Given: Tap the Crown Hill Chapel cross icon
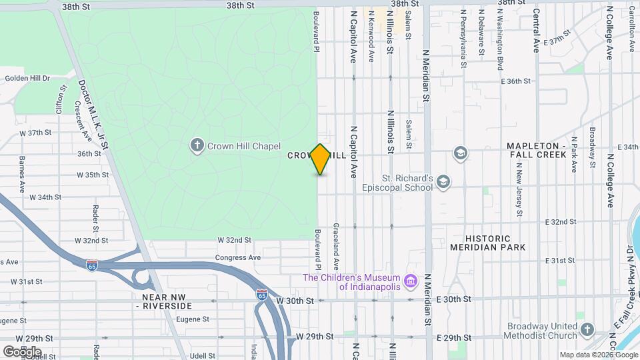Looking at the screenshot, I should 197,145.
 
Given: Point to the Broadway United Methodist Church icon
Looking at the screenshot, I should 586,330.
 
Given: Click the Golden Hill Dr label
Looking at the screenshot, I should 27,78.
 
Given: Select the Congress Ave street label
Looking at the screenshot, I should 237,257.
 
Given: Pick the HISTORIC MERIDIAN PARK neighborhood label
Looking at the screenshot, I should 487,243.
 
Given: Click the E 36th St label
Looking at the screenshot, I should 515,81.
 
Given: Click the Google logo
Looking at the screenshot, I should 22,351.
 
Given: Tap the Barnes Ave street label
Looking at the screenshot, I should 22,173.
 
